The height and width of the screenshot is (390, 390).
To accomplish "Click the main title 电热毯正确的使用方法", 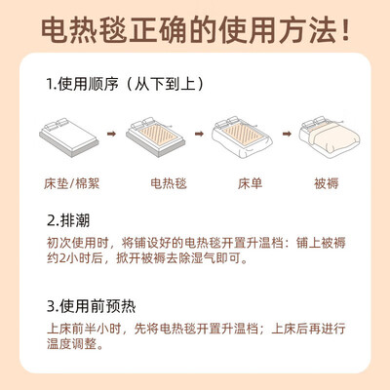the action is click(x=189, y=31).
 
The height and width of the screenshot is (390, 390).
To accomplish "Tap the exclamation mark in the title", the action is click(x=345, y=30).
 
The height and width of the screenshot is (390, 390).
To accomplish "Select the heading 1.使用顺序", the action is click(x=82, y=84).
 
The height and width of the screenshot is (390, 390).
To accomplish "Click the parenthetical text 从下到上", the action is click(x=165, y=84).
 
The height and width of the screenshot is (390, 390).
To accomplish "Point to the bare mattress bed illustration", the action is click(x=68, y=136).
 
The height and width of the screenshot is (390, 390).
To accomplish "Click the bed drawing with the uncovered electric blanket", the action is click(x=155, y=136).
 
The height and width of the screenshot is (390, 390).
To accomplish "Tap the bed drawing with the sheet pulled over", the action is click(x=242, y=136).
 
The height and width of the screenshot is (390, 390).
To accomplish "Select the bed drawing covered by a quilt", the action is click(x=330, y=136).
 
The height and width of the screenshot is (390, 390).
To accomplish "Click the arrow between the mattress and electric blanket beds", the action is click(x=111, y=134).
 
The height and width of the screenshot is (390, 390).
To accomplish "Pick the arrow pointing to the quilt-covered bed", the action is click(x=287, y=134).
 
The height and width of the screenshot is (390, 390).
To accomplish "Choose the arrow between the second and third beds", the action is click(x=199, y=134).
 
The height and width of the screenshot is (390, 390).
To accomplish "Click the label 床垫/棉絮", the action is click(x=71, y=183).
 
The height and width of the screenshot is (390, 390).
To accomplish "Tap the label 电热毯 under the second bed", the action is click(x=169, y=183).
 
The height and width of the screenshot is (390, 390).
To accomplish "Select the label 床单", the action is click(x=250, y=183).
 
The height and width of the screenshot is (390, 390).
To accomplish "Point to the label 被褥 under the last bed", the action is click(x=327, y=183).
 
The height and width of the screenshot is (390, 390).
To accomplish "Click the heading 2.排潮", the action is click(x=68, y=220).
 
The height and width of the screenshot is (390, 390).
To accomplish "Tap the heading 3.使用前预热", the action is click(x=91, y=306).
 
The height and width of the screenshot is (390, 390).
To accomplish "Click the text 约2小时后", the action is click(x=75, y=258).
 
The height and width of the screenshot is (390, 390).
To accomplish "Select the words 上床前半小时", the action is click(x=85, y=329).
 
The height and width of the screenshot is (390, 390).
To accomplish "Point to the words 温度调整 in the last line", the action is click(x=71, y=344).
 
